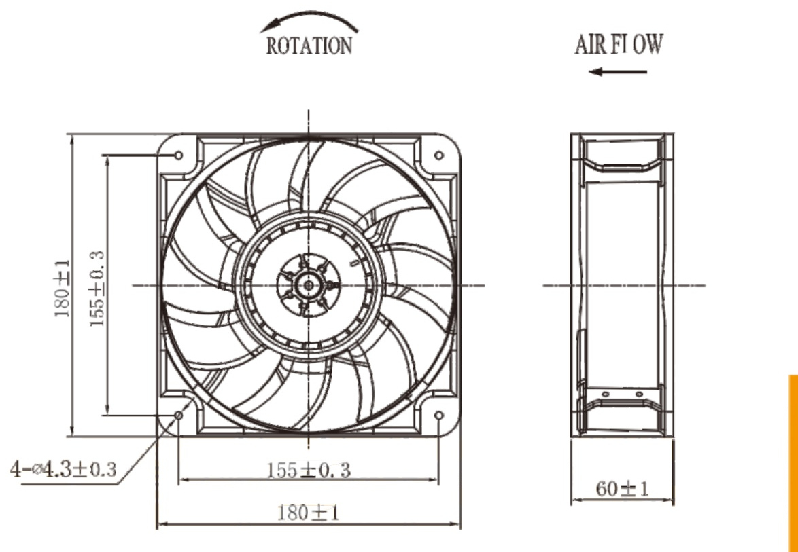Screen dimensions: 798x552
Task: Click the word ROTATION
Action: tap(309, 45)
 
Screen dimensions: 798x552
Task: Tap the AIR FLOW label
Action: tap(619, 44)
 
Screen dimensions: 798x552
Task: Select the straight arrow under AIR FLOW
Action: tap(617, 72)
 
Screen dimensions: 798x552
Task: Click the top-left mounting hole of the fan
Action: tap(179, 155)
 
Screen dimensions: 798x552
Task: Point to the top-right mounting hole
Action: tap(438, 155)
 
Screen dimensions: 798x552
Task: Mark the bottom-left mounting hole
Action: tap(179, 416)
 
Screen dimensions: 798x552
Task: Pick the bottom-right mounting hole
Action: tap(438, 416)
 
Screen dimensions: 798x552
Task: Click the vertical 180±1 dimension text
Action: tap(63, 288)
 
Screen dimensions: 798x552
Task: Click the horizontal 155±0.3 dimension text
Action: tap(309, 470)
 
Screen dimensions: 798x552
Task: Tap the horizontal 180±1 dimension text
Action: tap(308, 513)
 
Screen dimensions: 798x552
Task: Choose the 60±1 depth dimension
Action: tap(623, 489)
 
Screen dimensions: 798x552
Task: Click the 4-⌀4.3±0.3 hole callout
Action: tap(63, 469)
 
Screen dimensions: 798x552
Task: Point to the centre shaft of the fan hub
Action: tap(309, 285)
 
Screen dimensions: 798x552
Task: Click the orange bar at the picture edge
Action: tap(793, 463)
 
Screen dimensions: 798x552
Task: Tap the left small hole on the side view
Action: tap(606, 394)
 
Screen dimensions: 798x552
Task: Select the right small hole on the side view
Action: tap(640, 394)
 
